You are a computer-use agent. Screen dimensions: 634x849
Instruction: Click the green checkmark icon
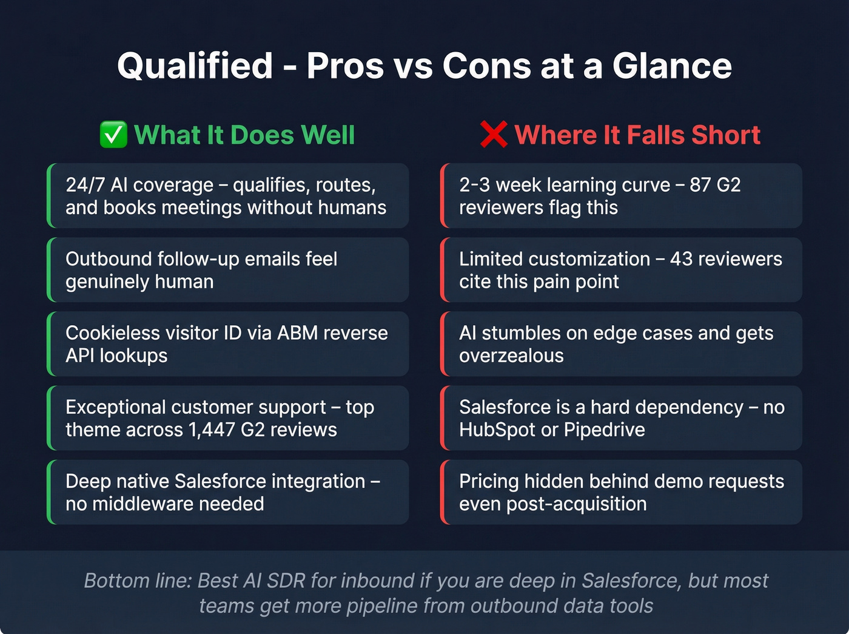click(113, 135)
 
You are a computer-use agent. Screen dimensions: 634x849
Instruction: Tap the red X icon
click(493, 135)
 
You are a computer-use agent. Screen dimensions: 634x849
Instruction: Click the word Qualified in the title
click(195, 66)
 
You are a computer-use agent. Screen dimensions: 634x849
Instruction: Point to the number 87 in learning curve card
click(701, 184)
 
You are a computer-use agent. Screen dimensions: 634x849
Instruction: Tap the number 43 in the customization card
click(681, 259)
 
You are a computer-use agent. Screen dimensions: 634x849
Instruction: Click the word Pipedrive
click(604, 430)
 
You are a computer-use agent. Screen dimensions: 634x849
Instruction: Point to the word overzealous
click(511, 356)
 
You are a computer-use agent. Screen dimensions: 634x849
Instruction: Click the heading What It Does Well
click(244, 135)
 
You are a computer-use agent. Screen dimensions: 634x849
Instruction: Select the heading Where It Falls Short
click(637, 135)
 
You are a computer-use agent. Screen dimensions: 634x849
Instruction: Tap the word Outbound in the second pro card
click(109, 259)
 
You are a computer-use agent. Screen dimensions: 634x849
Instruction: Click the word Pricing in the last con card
click(489, 481)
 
